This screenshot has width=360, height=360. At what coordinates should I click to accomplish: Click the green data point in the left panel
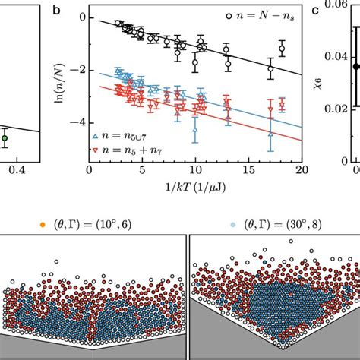click(4, 138)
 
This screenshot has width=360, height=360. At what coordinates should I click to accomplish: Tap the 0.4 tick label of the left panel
click(30, 171)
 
